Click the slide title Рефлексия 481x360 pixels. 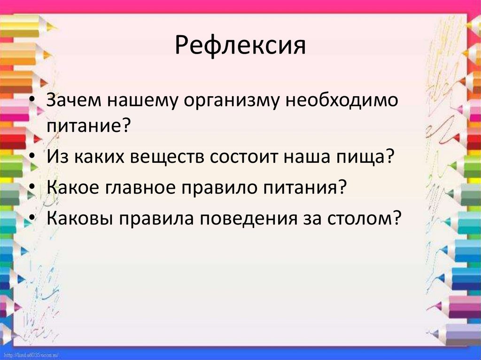coord(240,47)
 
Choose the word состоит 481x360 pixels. coord(249,156)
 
